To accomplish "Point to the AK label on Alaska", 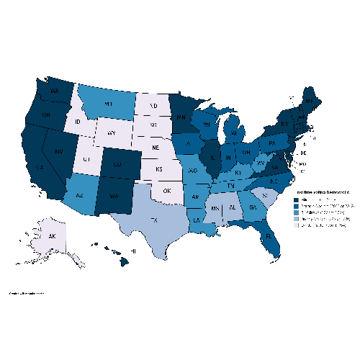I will coord(53,235).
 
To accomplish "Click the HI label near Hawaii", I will coord(133,251).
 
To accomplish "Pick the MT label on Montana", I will coord(109,105).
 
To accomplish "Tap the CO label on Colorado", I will coord(117,163).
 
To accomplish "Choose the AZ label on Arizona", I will coord(79,195).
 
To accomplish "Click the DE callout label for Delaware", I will coord(303,153).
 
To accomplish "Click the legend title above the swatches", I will coord(320,192).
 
